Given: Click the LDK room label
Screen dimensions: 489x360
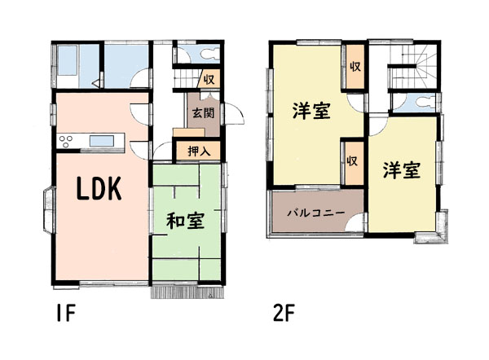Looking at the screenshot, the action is [x=99, y=188].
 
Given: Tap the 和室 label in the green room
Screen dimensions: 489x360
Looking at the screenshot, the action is [x=185, y=221].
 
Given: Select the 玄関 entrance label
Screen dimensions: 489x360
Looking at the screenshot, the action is [x=203, y=113].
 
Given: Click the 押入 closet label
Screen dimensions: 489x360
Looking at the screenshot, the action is [x=200, y=151].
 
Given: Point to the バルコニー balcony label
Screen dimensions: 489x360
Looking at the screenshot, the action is [x=316, y=213].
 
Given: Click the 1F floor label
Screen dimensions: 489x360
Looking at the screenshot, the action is [x=66, y=313].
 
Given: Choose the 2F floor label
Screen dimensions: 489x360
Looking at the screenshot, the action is [x=284, y=313].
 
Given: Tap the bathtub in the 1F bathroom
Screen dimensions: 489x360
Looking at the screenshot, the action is [x=68, y=60].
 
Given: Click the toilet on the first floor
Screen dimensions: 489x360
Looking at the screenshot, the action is [x=211, y=54].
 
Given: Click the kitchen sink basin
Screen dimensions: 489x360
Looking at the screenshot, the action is [x=102, y=141].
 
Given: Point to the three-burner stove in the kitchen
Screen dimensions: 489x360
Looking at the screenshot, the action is [x=66, y=141].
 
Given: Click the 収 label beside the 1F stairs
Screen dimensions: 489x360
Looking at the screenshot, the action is [x=209, y=80].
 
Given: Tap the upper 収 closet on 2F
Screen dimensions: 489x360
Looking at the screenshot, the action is [x=355, y=67].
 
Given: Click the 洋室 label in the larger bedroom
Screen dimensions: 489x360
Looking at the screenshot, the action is [x=311, y=112].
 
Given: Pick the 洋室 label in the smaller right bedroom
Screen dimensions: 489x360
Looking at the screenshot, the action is [x=402, y=170].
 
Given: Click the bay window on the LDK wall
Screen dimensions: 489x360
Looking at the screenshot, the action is [x=49, y=210].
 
